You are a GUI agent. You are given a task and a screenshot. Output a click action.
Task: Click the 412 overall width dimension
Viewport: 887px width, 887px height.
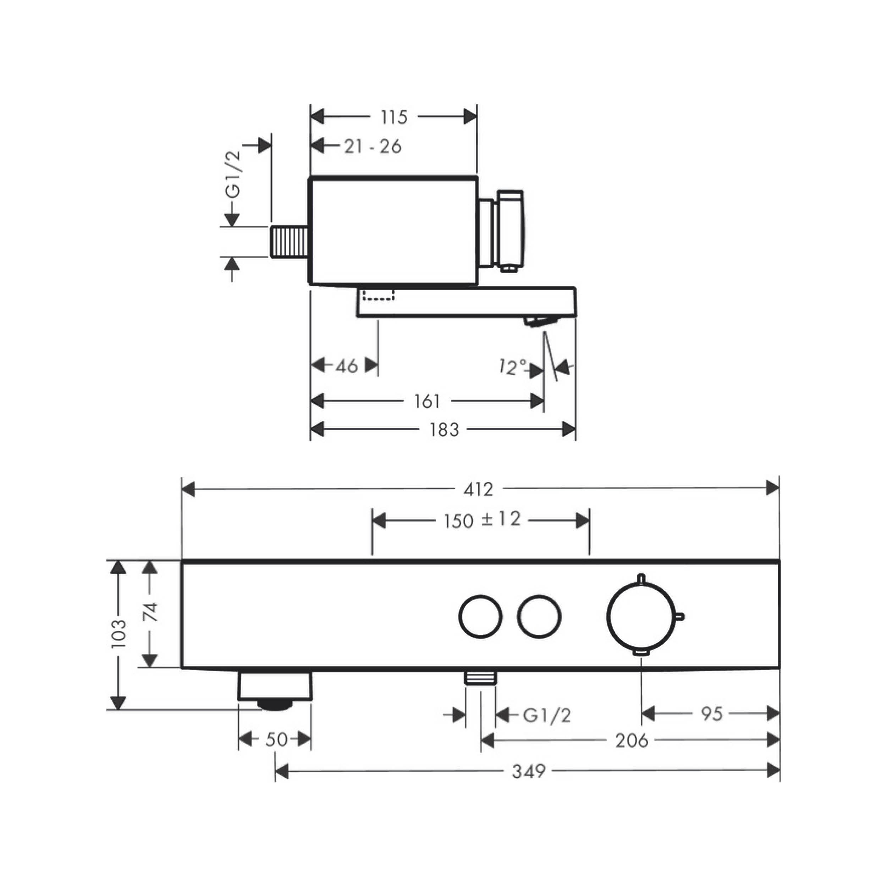pos(478,490)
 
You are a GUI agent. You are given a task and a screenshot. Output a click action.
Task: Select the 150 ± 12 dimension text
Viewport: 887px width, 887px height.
pos(483,520)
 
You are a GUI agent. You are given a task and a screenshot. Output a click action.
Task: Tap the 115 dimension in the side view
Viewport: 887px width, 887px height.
pos(394,117)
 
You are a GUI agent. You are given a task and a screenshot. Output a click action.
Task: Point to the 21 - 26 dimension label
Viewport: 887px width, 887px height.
pos(373,147)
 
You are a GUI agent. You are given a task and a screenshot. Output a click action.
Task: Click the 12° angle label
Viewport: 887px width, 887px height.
pos(513,367)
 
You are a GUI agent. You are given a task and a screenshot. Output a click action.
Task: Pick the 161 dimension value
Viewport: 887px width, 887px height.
pos(427,401)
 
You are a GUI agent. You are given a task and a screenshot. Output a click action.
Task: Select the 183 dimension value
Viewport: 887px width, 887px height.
pos(444,430)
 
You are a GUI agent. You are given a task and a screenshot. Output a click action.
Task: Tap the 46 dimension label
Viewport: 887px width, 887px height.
pos(347,366)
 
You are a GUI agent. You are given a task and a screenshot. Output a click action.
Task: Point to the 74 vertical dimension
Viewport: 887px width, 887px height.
pos(150,612)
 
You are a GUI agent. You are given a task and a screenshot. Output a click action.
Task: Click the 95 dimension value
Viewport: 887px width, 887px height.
pos(712,714)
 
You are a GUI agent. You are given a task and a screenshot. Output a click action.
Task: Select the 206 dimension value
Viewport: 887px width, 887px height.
pos(632,740)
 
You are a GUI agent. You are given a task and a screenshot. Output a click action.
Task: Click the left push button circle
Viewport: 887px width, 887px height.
pos(480,616)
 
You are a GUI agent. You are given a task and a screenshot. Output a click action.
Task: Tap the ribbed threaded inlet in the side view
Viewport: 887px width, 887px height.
pos(289,242)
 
